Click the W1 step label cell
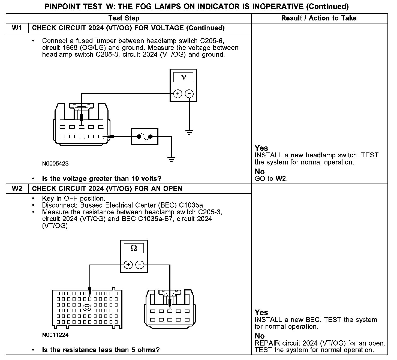coord(17,28)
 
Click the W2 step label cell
coord(17,189)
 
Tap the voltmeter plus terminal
coord(178,94)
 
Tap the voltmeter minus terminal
coord(189,94)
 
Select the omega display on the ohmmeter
coord(134,248)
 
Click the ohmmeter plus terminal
coord(128,265)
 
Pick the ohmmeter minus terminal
coord(140,265)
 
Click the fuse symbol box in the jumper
coord(145,137)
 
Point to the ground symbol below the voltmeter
coord(189,133)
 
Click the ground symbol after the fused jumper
coord(171,159)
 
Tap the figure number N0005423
coord(55,164)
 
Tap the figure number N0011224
coord(55,335)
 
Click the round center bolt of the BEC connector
coord(87,308)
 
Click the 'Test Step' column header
coord(124,18)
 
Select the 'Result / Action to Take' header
coord(319,18)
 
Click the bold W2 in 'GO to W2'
coord(281,179)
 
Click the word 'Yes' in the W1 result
coord(261,148)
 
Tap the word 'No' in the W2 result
coord(260,336)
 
